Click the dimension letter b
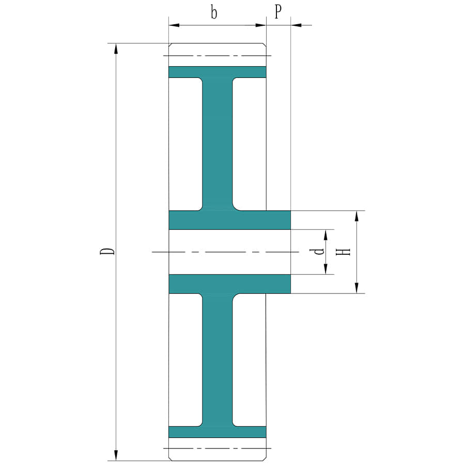[x=214, y=13]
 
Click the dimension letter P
[x=278, y=12]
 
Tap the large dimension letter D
[x=107, y=252]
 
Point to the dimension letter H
[x=343, y=252]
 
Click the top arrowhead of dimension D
[x=116, y=49]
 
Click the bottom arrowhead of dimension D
[x=116, y=455]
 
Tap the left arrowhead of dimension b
[x=174, y=25]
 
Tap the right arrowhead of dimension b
[x=261, y=25]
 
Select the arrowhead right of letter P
[x=296, y=25]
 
